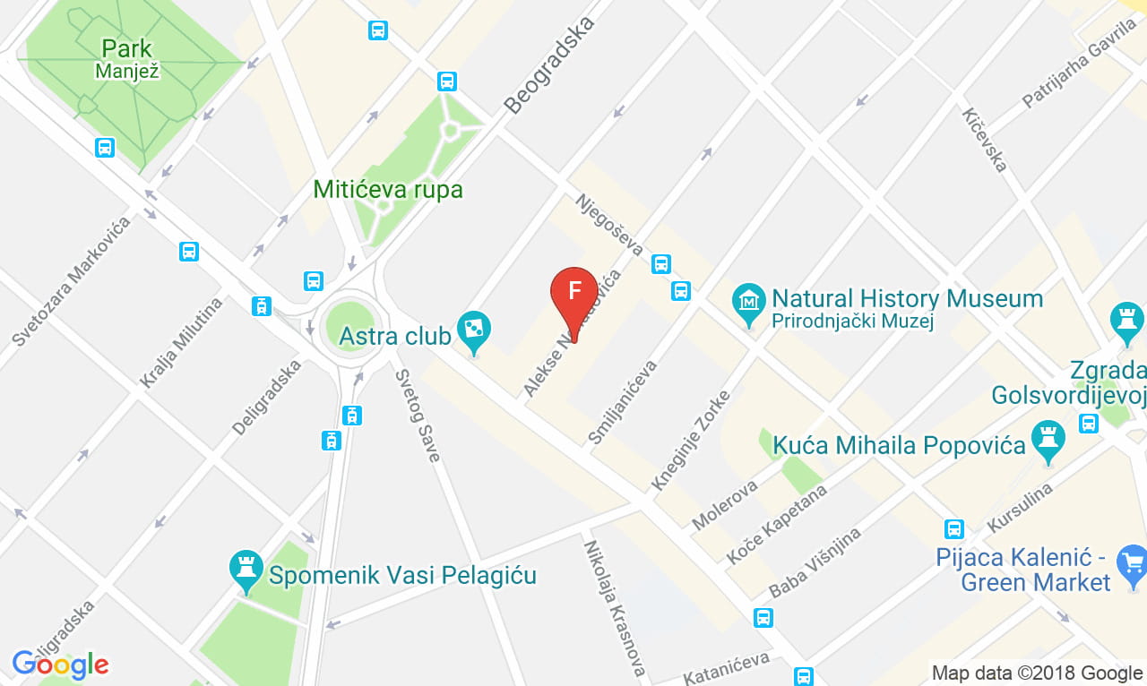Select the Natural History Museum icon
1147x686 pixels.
click(x=748, y=304)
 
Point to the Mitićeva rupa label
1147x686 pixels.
click(x=388, y=190)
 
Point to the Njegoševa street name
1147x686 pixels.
click(x=608, y=224)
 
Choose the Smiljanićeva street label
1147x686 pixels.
click(x=623, y=402)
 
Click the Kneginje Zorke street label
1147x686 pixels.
click(x=691, y=440)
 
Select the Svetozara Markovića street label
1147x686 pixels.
click(x=72, y=280)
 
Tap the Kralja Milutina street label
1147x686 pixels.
click(x=180, y=342)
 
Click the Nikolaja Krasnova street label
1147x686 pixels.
click(x=615, y=606)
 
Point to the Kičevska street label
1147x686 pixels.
click(x=985, y=139)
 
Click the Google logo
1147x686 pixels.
click(x=60, y=665)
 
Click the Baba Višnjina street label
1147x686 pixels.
click(x=815, y=562)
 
